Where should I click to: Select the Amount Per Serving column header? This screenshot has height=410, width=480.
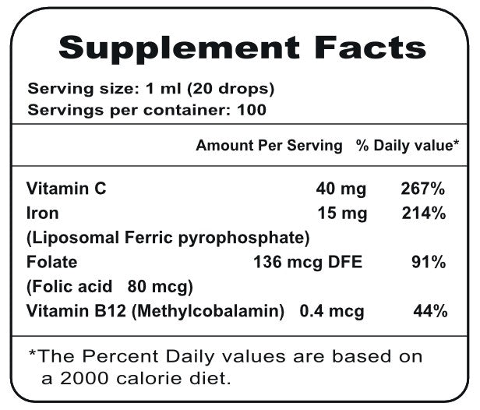point(269,146)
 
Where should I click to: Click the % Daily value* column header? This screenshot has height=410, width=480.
point(404,146)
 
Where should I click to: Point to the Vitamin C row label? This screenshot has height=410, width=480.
point(66,189)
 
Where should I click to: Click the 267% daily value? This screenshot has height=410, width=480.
point(423,189)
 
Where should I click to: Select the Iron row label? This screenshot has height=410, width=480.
point(43,212)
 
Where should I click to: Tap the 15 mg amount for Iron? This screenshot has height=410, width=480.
point(338,212)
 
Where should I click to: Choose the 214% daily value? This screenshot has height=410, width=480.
point(423,212)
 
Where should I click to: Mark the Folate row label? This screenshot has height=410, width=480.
point(51,262)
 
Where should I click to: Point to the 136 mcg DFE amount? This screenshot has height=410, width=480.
point(308,262)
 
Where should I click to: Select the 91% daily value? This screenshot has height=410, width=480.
point(429,262)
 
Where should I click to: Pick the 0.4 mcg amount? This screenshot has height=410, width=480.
point(332,312)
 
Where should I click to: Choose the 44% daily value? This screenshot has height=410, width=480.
point(430,312)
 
